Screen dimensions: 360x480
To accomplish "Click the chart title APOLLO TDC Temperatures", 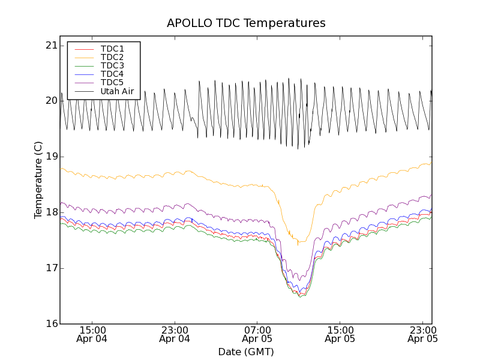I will tap(246, 23).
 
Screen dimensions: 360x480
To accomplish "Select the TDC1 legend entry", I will tap(112, 49).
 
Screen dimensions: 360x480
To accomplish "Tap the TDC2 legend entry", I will tap(112, 57).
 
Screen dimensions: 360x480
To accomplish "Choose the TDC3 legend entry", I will tap(112, 65).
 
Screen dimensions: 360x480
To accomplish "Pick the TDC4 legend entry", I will tap(112, 74).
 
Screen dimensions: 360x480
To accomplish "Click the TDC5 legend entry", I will tap(112, 82).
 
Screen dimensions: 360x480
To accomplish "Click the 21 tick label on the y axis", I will tap(51, 46).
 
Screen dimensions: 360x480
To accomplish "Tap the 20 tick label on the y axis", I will tap(51, 101).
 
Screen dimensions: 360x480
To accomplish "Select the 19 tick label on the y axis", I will tap(51, 157).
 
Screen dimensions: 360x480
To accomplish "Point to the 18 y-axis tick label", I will tap(51, 212).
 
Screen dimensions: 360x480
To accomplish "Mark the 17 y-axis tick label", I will tap(51, 268).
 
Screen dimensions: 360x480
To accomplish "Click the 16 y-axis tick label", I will tap(51, 324).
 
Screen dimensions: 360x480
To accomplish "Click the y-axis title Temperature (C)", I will tap(38, 180).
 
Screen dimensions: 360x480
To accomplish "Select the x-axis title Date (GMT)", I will tap(246, 352).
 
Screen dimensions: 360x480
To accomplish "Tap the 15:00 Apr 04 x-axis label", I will tap(92, 334).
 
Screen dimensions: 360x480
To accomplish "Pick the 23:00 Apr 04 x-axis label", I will tap(175, 334).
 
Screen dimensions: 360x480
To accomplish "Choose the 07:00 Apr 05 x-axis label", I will tap(257, 334).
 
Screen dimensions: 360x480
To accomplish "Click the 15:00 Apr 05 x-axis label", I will tap(340, 334).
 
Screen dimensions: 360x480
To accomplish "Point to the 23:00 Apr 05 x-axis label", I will tap(422, 334).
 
